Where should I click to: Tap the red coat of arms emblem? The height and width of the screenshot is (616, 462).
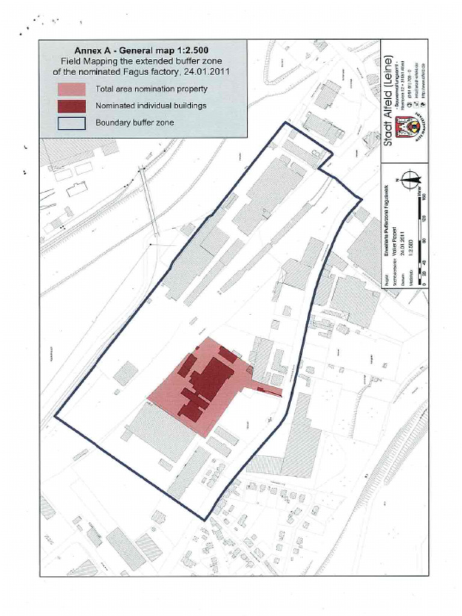[x=407, y=127]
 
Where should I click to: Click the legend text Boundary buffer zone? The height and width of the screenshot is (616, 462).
[x=135, y=123]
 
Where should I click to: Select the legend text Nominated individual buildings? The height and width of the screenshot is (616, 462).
[x=151, y=106]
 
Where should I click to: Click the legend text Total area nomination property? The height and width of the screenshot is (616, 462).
[x=152, y=89]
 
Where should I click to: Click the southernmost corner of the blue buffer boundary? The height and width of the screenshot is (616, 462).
[x=205, y=520]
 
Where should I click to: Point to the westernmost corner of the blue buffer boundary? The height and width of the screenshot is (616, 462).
[x=55, y=416]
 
